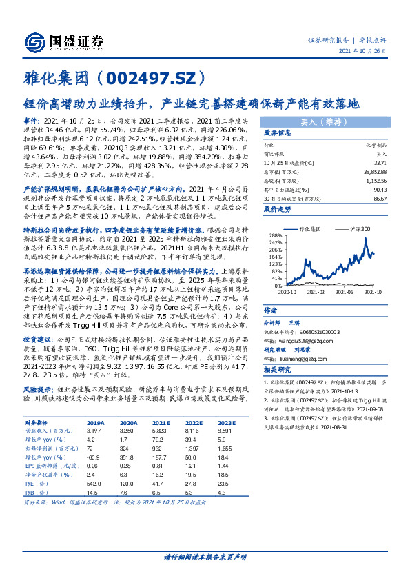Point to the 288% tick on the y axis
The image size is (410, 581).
coord(276,235)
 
